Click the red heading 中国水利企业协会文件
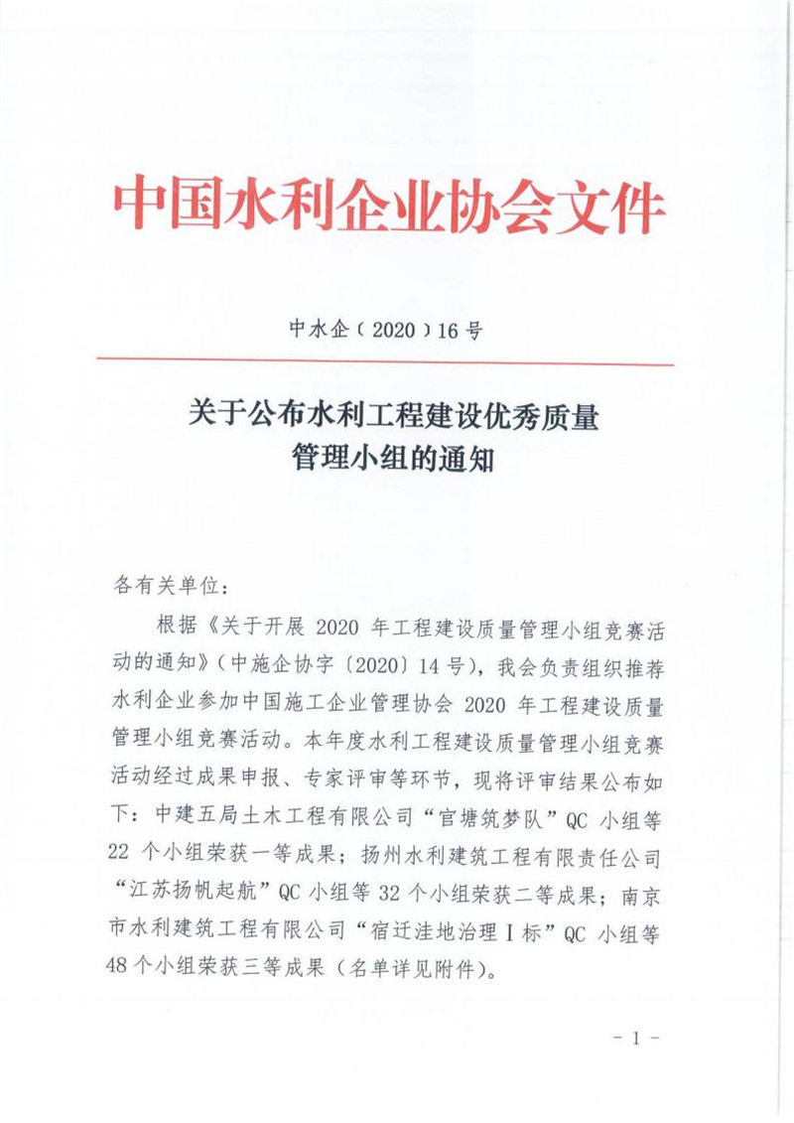388,206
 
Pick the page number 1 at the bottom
636,1039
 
